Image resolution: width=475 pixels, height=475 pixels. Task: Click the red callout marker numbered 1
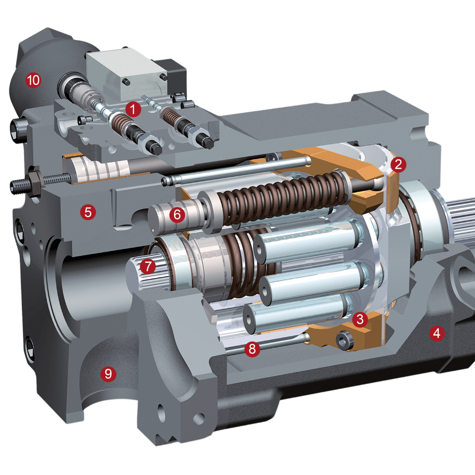click(x=133, y=109)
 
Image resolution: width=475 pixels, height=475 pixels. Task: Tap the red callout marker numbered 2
click(x=398, y=164)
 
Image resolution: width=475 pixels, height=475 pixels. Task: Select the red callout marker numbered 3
click(x=360, y=319)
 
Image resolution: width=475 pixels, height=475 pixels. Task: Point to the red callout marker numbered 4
click(x=436, y=333)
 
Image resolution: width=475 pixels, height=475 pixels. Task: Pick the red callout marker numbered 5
click(x=88, y=212)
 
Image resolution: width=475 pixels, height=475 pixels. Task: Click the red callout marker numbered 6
click(x=177, y=215)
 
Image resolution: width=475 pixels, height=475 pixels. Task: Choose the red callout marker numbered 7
click(x=148, y=266)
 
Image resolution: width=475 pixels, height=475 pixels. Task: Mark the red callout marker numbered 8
click(x=252, y=349)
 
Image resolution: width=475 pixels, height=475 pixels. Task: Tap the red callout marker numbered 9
click(x=108, y=374)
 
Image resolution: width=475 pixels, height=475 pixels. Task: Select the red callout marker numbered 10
click(x=33, y=80)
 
